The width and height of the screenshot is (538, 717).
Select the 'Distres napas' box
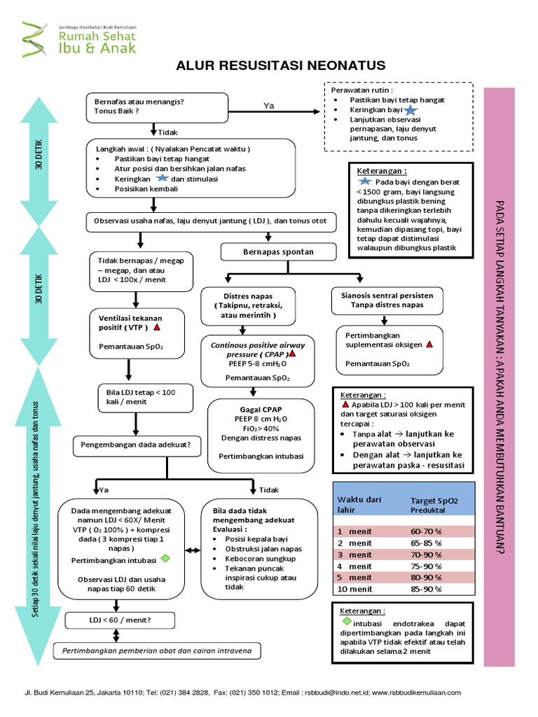tap(248, 306)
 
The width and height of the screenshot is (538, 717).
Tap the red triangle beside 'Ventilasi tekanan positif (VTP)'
tap(157, 327)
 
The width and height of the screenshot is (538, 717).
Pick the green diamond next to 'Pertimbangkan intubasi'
tap(165, 559)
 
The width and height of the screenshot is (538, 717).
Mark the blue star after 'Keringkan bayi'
tap(410, 110)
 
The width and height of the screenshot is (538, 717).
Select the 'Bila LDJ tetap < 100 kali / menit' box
tap(135, 397)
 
